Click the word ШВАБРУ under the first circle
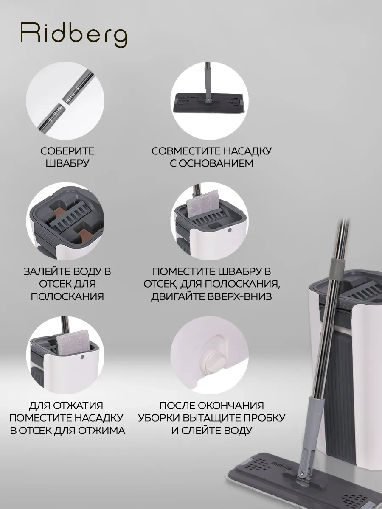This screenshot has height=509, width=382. pyautogui.click(x=67, y=163)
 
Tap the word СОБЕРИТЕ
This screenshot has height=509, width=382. pyautogui.click(x=67, y=151)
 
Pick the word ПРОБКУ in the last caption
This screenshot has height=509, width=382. pyautogui.click(x=263, y=418)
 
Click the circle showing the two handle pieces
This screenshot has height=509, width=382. pyautogui.click(x=65, y=101)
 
